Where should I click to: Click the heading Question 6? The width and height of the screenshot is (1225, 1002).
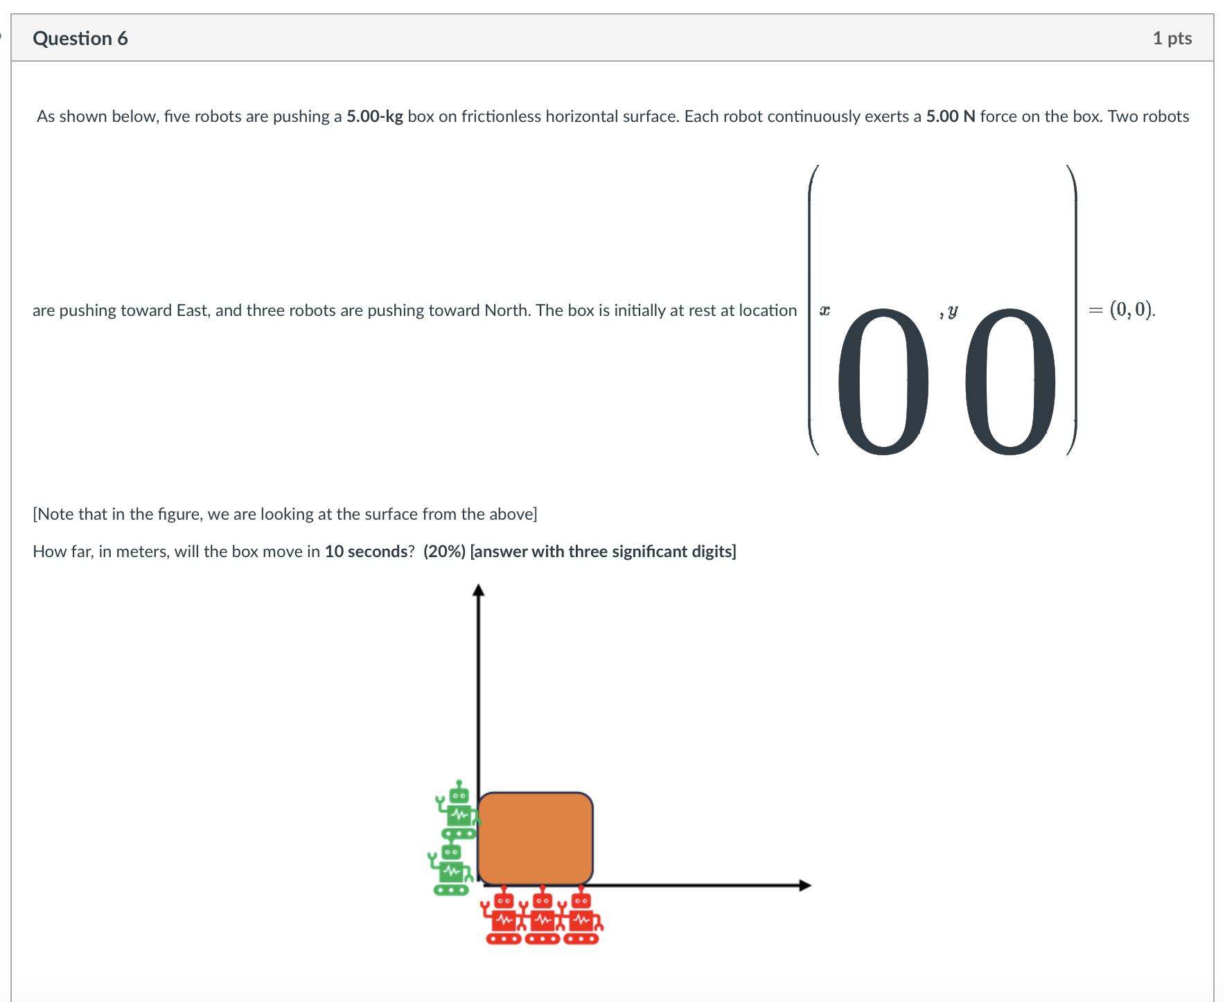coord(80,38)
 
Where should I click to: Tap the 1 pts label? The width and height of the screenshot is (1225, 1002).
coord(1172,38)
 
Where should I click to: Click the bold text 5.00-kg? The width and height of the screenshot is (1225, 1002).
coord(374,116)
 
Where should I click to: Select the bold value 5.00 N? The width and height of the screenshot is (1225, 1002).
coord(950,116)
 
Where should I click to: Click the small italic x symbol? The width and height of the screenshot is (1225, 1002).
coord(825,310)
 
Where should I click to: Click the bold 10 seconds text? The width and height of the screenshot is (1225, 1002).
coord(366,552)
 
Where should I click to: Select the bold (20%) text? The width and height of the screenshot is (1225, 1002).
coord(444,552)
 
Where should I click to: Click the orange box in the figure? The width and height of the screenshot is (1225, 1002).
coord(535,838)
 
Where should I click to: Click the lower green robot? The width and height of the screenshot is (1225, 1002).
coord(451,870)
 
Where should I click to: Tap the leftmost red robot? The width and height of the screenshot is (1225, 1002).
coord(504,918)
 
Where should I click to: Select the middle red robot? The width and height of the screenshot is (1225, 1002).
coord(543,918)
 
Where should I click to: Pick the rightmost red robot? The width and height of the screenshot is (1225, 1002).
coord(581,918)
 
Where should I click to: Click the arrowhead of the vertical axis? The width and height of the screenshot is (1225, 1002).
coord(478,590)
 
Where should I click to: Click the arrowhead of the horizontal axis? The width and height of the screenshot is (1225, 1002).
coord(804,885)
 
